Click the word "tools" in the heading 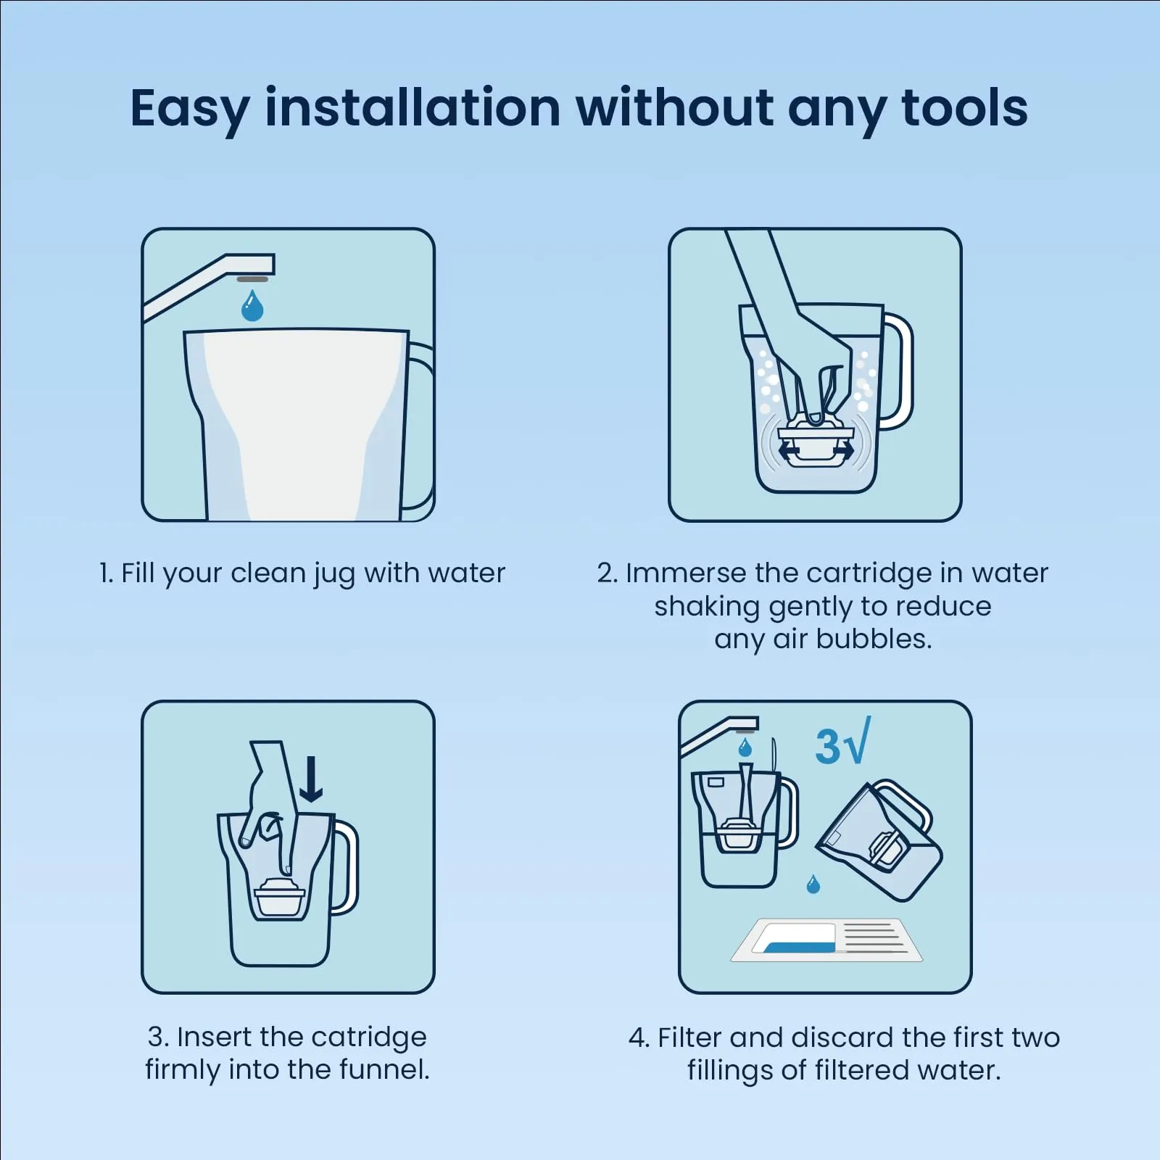click(964, 108)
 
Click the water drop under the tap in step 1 click(252, 305)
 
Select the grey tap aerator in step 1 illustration click(252, 279)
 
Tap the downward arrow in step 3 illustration click(311, 779)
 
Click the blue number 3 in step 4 click(827, 746)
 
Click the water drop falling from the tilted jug click(813, 884)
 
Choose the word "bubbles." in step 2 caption click(874, 639)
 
